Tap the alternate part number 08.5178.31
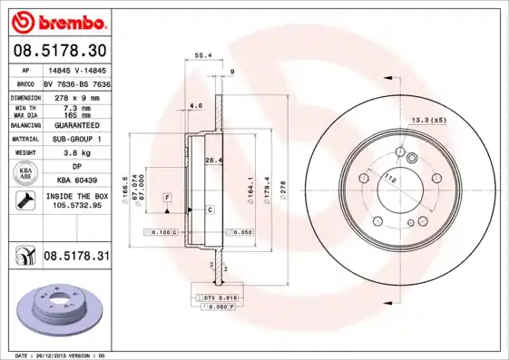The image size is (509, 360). coord(76,257)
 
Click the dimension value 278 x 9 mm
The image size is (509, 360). coord(77,95)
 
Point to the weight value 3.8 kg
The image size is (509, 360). coord(76,153)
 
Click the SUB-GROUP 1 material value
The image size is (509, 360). coord(76,139)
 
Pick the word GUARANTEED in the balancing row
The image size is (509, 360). coord(76,124)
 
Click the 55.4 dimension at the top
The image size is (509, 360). coord(204,55)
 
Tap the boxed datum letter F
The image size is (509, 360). coord(167,197)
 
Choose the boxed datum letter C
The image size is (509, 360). coord(210,209)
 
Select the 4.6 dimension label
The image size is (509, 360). coord(196,105)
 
